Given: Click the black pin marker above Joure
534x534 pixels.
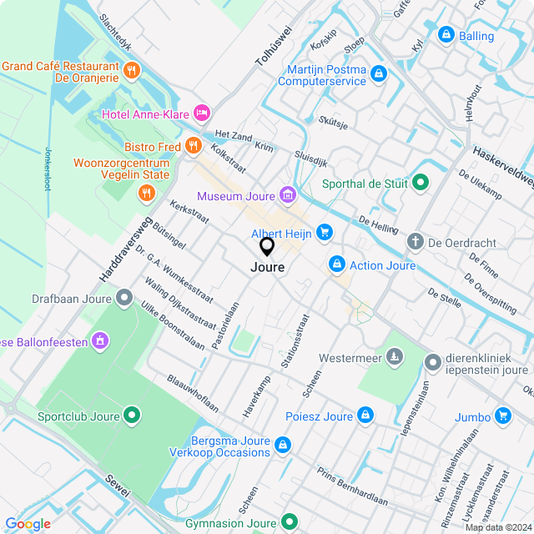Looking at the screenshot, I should [267, 247].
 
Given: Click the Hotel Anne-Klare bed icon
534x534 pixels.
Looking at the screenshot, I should [201, 113].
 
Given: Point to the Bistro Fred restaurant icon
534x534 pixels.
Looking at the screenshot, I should [194, 147].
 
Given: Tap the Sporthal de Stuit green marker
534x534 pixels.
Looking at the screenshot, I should [421, 183].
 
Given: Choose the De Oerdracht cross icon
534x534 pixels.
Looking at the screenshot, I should [415, 242].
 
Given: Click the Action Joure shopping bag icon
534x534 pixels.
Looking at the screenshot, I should [336, 265].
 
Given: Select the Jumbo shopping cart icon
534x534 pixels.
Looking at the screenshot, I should [502, 416].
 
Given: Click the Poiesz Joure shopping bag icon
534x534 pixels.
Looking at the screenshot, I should [365, 416].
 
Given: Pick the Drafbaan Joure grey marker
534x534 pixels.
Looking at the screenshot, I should [125, 297].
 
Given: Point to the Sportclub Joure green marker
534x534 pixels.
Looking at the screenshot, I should [132, 415].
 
